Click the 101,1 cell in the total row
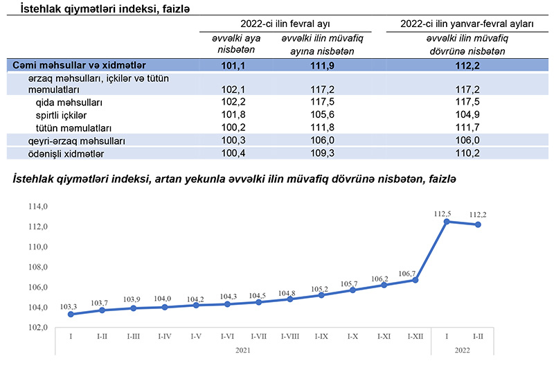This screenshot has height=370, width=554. coord(232,65)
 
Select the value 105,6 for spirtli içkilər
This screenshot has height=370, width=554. coord(322,114)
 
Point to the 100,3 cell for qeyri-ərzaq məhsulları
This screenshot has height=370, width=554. coord(232,141)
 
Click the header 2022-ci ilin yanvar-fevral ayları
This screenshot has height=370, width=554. coord(467,24)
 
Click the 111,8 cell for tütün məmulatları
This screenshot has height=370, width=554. coord(322,128)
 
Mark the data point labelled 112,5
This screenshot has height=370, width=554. coord(447,222)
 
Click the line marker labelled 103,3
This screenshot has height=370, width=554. coord(71,315)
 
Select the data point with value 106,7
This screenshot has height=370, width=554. coord(415,280)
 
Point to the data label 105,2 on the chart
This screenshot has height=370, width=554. coord(321,290)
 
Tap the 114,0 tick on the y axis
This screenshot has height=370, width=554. coord(37,206)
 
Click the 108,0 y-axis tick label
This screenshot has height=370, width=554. coord(37,267)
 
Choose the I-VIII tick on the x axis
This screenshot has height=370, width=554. coord(289,336)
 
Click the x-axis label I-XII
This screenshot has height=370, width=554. coord(415,336)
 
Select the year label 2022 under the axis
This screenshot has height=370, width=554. coord(462,351)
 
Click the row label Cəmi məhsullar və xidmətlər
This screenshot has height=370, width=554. coord(78,65)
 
